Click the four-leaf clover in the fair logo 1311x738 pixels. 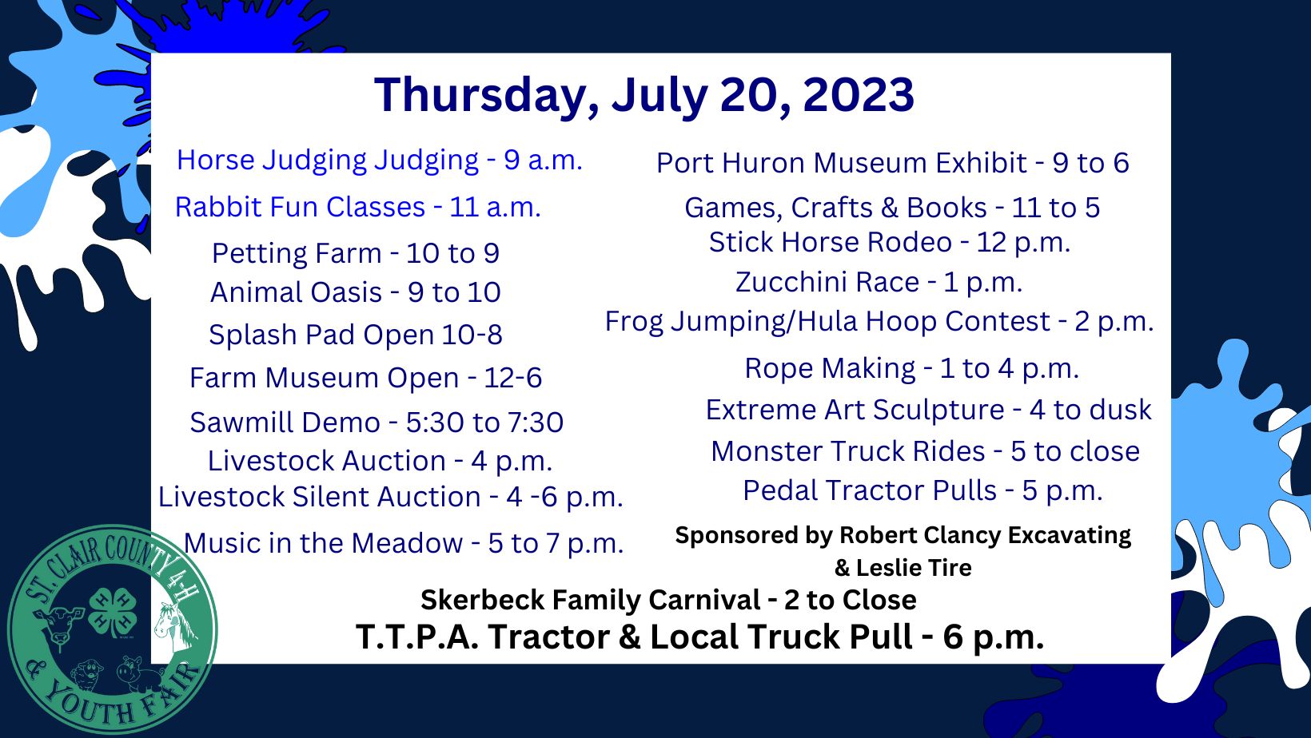(x=113, y=613)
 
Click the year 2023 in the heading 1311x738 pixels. (x=858, y=94)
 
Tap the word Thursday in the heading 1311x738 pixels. (x=480, y=95)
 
